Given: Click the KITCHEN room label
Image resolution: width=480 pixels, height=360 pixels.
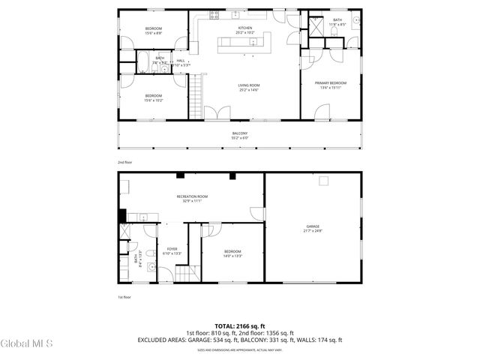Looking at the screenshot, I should (x=244, y=28).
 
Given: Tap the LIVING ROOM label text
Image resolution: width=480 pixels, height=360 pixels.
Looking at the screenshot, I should (x=248, y=85).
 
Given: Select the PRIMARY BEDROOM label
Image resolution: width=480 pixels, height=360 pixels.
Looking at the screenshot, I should (x=330, y=83).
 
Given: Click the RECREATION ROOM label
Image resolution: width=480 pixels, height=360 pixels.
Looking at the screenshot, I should (x=192, y=196).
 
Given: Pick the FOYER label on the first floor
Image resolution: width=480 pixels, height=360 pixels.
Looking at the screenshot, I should (x=172, y=249).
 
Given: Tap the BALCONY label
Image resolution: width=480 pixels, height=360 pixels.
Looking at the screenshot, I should (x=240, y=133).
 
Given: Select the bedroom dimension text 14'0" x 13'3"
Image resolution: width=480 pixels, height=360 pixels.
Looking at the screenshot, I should (x=232, y=256).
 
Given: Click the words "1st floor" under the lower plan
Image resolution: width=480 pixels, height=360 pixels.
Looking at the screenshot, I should (x=124, y=296).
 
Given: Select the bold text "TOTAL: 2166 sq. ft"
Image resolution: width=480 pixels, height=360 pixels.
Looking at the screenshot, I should (x=240, y=325).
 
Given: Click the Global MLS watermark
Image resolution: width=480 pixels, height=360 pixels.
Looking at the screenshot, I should (x=27, y=344).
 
